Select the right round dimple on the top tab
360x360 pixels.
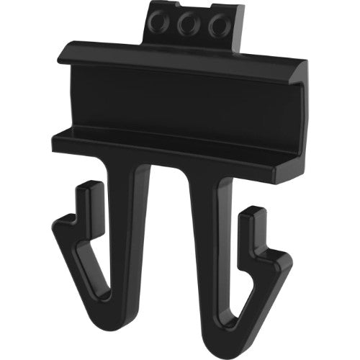point(216,26)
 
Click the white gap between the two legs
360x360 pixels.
point(171,238)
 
